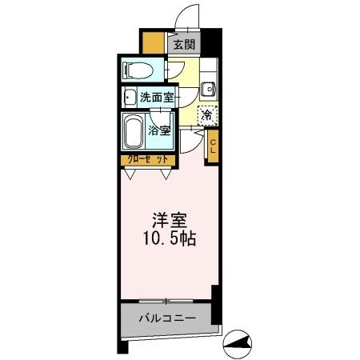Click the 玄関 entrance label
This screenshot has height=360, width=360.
click(x=183, y=45)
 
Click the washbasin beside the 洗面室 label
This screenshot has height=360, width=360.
click(x=130, y=98)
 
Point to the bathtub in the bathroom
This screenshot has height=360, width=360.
click(x=133, y=131)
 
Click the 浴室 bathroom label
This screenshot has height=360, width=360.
click(x=158, y=130)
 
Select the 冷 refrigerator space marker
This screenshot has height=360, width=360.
click(x=206, y=115)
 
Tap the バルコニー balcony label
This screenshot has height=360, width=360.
click(x=166, y=318)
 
